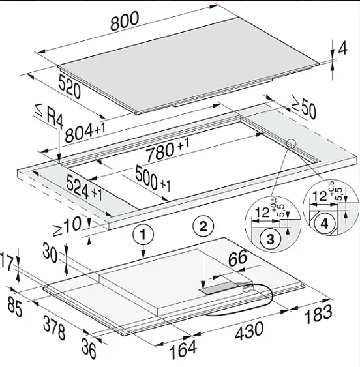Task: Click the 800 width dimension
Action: coord(125,21)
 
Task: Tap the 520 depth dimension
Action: coord(70,86)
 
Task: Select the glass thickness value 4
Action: coord(343,48)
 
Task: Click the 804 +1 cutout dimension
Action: coord(85,133)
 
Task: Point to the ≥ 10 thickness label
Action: coord(68,226)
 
